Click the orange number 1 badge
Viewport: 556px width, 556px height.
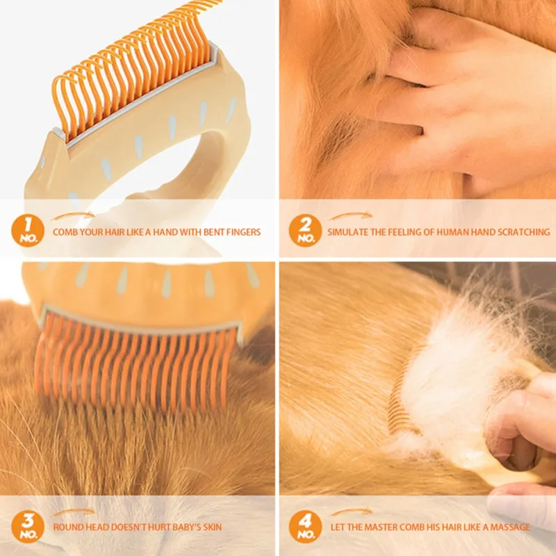(28, 231)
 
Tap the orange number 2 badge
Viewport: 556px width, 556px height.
(305, 231)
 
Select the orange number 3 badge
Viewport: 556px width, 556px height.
(28, 527)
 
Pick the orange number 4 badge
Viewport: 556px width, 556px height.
(305, 527)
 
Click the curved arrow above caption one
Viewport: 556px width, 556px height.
(74, 215)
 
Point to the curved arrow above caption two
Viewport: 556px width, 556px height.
(351, 215)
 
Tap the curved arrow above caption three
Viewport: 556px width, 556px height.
(74, 512)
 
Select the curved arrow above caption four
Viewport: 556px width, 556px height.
(351, 512)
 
